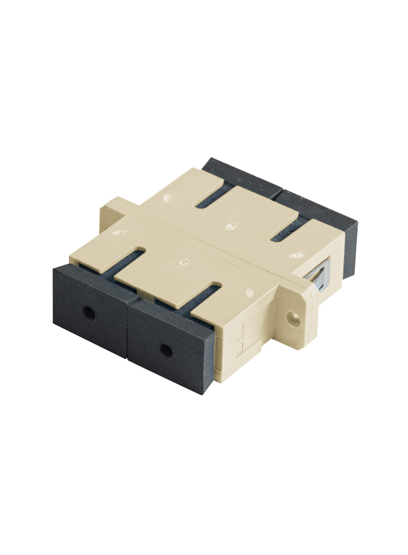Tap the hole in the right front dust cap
pyautogui.click(x=166, y=350)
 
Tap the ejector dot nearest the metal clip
pyautogui.click(x=295, y=255)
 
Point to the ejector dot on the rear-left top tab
pyautogui.click(x=166, y=198)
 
